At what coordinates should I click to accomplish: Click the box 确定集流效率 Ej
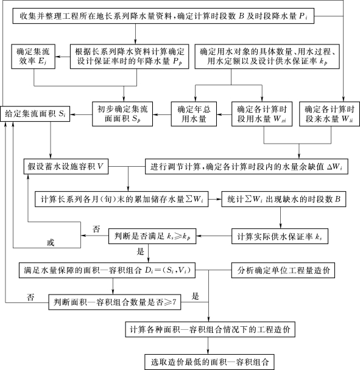click(34, 57)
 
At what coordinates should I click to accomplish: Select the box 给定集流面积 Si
click(35, 114)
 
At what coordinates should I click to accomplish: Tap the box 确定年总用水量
click(194, 114)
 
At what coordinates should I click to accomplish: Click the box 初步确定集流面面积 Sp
click(122, 114)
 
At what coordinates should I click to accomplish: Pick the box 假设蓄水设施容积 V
click(66, 167)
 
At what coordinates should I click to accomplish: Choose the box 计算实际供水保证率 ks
click(280, 236)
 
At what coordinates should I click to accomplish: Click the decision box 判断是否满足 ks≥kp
click(152, 236)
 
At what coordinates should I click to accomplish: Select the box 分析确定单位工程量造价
click(283, 270)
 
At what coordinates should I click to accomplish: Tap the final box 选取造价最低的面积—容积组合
click(210, 362)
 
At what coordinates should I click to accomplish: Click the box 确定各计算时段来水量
click(330, 114)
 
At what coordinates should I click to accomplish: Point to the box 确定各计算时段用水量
click(262, 114)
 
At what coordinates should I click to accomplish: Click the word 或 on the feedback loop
click(51, 243)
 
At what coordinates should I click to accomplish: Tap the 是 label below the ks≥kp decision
click(140, 251)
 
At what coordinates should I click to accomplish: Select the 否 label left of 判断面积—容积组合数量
click(30, 297)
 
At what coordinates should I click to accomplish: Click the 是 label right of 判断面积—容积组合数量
click(196, 296)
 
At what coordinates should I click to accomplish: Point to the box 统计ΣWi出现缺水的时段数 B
click(284, 199)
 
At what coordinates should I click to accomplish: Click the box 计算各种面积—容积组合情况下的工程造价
click(210, 329)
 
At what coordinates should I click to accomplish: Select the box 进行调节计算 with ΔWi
click(246, 167)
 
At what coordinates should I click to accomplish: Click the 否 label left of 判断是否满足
click(96, 229)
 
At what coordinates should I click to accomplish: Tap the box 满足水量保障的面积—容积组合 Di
click(107, 270)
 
